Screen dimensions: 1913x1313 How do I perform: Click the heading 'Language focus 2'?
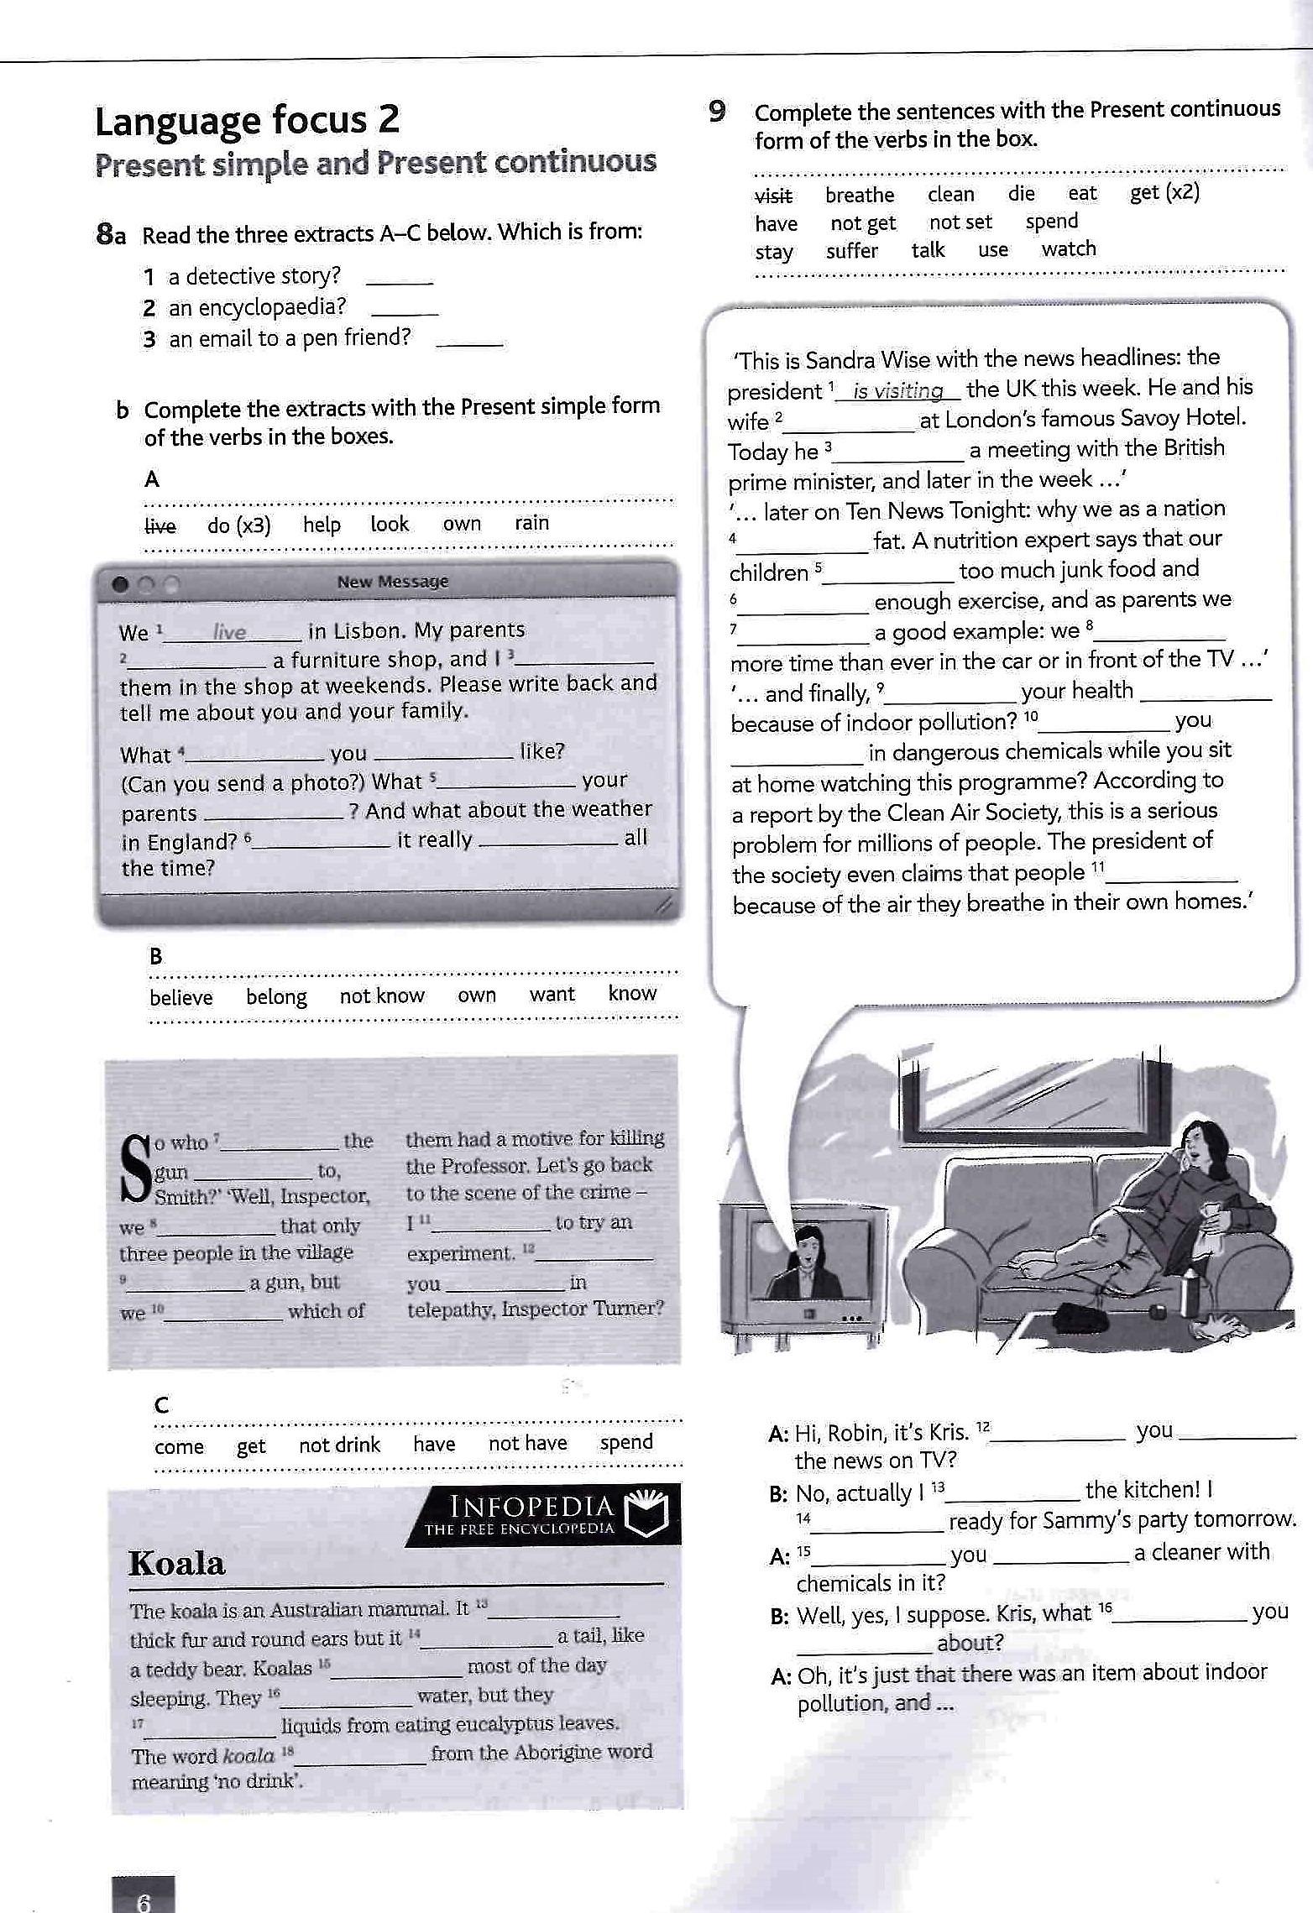247,122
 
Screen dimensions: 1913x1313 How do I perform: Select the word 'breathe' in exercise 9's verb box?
859,196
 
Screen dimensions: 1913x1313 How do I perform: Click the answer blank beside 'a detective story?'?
400,279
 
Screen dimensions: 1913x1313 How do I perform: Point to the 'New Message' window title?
392,582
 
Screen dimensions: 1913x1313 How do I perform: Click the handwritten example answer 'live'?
229,632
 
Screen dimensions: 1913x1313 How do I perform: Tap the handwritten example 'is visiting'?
897,391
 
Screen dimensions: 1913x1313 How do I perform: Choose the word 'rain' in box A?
531,523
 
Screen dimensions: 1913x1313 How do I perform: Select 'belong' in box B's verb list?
276,997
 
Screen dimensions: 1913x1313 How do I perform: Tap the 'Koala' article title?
177,1564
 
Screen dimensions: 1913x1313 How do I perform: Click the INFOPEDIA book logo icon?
651,1513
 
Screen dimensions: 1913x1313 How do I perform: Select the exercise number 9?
716,111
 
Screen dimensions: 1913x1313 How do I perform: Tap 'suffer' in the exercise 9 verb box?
851,251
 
